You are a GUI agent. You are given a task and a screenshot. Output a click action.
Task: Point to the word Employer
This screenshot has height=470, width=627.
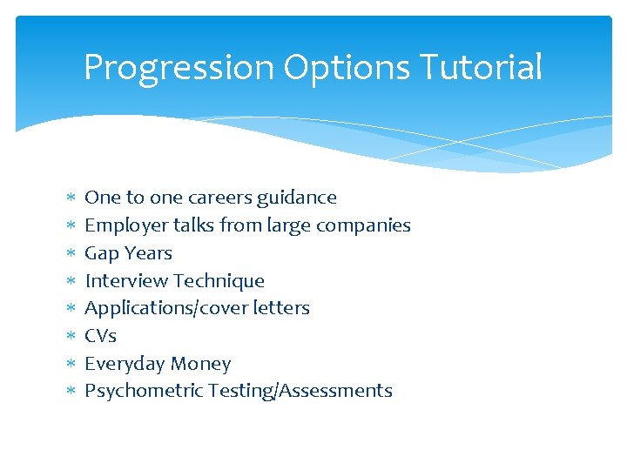coord(126,226)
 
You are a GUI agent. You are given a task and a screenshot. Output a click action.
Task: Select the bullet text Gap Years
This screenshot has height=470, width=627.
coord(128,253)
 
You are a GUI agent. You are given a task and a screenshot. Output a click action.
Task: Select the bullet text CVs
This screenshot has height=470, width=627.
coord(100,336)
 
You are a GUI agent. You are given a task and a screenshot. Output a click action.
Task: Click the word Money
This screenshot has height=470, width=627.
coord(200,364)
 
